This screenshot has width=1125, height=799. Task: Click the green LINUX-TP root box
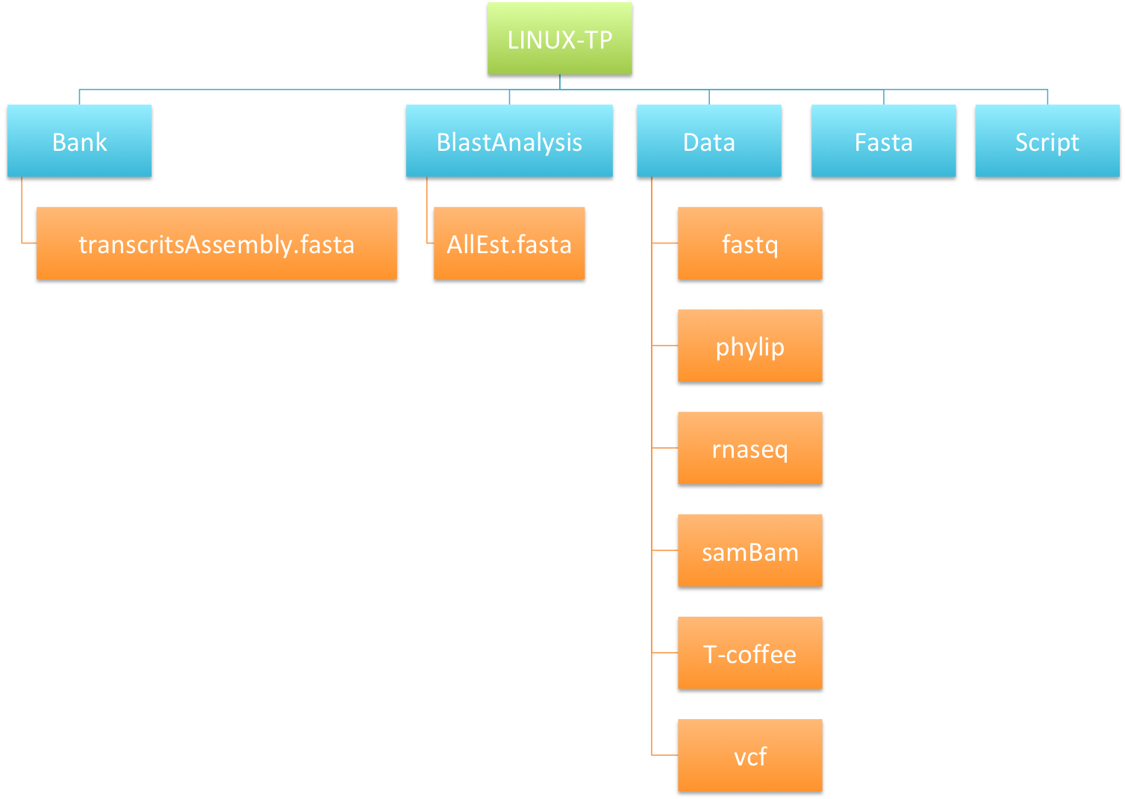[559, 38]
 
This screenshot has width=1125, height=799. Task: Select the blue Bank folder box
[79, 140]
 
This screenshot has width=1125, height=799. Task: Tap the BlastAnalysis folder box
[509, 140]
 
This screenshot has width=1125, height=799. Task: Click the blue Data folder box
[708, 140]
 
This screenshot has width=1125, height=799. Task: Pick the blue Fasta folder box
[883, 140]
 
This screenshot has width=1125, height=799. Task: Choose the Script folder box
[1047, 140]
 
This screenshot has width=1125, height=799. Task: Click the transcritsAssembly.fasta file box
[216, 243]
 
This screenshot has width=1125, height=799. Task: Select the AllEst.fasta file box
[509, 243]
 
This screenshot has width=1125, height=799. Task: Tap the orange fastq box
[750, 243]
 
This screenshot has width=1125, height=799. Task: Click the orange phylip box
[750, 346]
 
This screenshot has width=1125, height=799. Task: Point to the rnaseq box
[750, 448]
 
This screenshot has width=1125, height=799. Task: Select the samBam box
[750, 550]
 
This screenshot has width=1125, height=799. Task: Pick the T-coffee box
[750, 653]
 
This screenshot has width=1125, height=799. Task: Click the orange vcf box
[750, 755]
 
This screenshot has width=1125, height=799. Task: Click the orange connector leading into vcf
[664, 755]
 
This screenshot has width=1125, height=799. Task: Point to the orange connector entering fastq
[664, 243]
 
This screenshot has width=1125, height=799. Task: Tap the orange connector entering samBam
[664, 550]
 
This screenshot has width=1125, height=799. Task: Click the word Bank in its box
[79, 142]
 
